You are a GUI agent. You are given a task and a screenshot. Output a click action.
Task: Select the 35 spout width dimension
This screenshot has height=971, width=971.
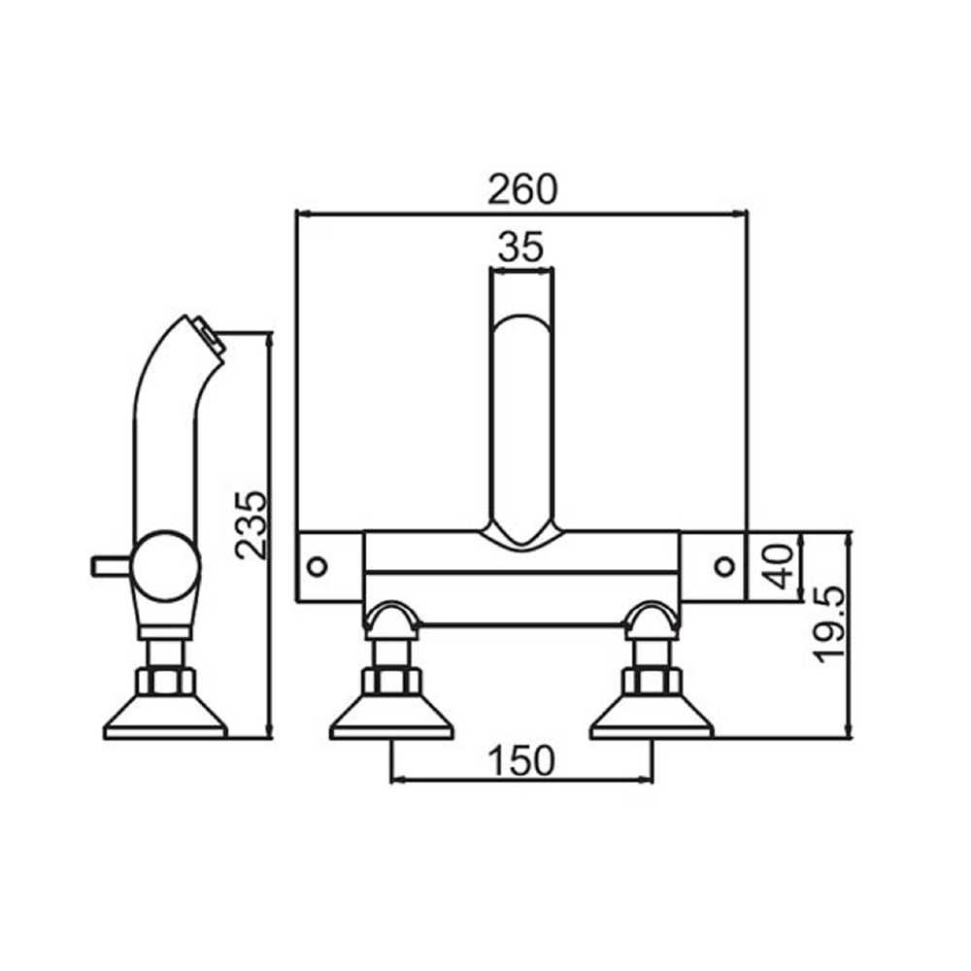520,248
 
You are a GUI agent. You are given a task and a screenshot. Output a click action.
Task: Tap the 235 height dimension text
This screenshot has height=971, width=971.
251,524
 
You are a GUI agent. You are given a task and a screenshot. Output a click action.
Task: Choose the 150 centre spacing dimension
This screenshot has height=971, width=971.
521,760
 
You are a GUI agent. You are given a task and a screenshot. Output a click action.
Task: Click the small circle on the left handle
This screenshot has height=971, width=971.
317,565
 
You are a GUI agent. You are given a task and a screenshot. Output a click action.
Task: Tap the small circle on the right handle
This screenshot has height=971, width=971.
723,565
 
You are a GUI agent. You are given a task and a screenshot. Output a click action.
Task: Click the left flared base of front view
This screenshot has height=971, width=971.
391,719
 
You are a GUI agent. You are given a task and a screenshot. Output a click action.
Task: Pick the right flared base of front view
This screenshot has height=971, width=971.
651,719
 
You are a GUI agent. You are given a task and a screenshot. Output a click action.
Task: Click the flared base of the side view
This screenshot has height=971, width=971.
165,719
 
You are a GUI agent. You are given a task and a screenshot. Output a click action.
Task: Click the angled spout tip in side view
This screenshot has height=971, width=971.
207,335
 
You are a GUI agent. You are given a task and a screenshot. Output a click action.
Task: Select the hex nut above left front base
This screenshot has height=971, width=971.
391,679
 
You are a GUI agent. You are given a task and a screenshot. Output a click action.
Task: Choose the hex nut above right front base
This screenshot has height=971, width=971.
651,679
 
